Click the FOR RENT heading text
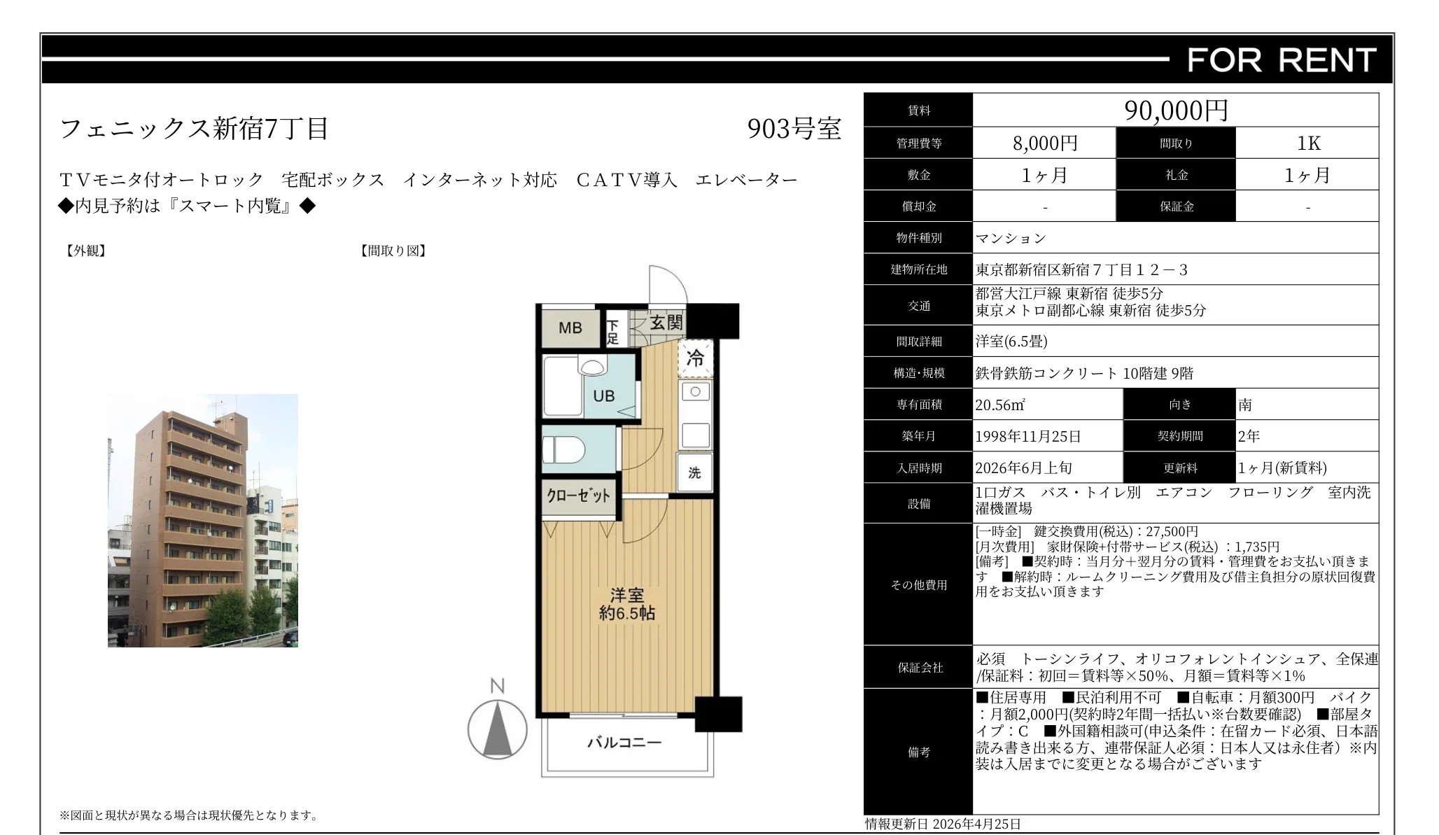[x=1282, y=60]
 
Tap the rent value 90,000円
[x=1176, y=110]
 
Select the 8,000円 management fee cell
[x=1044, y=143]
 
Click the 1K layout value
[x=1307, y=143]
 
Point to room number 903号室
[x=794, y=129]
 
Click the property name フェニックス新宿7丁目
[x=194, y=129]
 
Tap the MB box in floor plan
[x=570, y=328]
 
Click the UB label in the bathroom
[x=603, y=396]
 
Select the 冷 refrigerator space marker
[x=695, y=358]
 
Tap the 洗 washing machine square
[x=694, y=473]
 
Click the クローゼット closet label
[x=578, y=496]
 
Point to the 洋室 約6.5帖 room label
[x=626, y=604]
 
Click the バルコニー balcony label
[x=624, y=742]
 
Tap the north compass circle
[x=498, y=729]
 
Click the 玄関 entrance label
[x=666, y=323]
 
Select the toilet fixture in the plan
[x=564, y=450]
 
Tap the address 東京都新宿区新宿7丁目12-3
[x=1081, y=269]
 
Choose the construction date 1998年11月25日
[x=1027, y=437]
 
